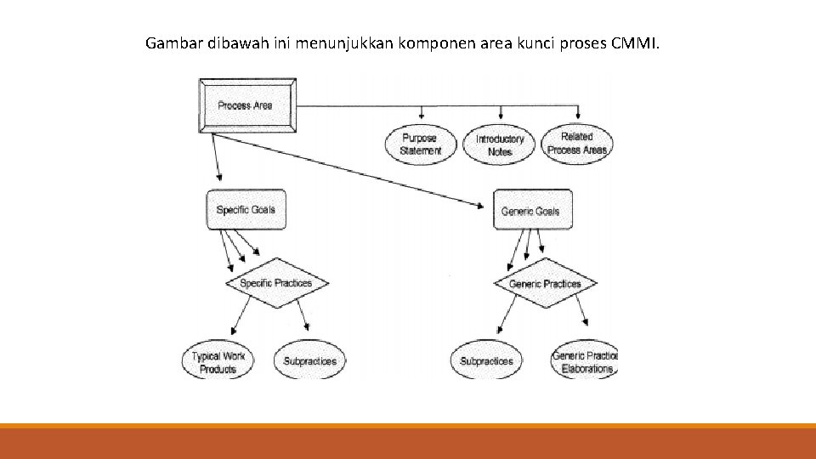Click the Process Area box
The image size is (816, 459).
pyautogui.click(x=246, y=105)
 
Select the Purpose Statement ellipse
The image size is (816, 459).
pyautogui.click(x=420, y=144)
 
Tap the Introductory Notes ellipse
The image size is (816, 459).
pyautogui.click(x=500, y=144)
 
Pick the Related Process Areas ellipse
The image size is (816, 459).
pyautogui.click(x=577, y=143)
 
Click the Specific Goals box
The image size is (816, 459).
pyautogui.click(x=246, y=210)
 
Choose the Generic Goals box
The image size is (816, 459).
pyautogui.click(x=531, y=210)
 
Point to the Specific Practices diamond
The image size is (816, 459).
pyautogui.click(x=276, y=283)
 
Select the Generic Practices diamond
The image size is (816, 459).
pyautogui.click(x=545, y=284)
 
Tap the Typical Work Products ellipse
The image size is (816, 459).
pyautogui.click(x=218, y=362)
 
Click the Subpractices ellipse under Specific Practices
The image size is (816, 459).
pyautogui.click(x=309, y=361)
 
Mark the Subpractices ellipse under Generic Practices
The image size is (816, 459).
pyautogui.click(x=486, y=361)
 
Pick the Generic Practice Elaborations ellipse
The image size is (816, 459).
pyautogui.click(x=585, y=362)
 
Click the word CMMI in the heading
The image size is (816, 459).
pyautogui.click(x=633, y=42)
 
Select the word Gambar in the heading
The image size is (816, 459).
pyautogui.click(x=173, y=42)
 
